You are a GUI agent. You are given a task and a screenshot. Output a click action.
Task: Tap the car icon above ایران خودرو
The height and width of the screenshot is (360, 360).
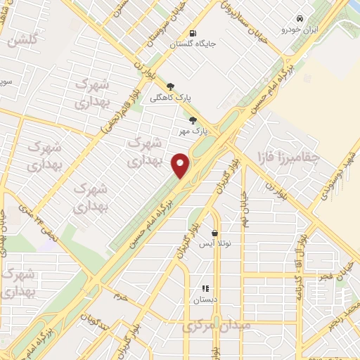point(300,18)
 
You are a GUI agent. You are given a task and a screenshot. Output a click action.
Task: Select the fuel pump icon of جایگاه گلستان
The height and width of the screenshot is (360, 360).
point(193,32)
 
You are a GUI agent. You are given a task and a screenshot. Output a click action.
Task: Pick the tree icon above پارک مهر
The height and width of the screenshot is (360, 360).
point(193,120)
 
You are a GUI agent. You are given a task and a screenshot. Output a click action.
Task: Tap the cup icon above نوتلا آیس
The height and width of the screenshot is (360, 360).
point(214,233)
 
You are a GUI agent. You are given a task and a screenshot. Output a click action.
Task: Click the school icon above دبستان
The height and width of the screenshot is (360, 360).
point(205,288)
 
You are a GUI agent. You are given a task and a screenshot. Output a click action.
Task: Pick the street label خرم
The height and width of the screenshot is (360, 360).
point(121,296)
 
